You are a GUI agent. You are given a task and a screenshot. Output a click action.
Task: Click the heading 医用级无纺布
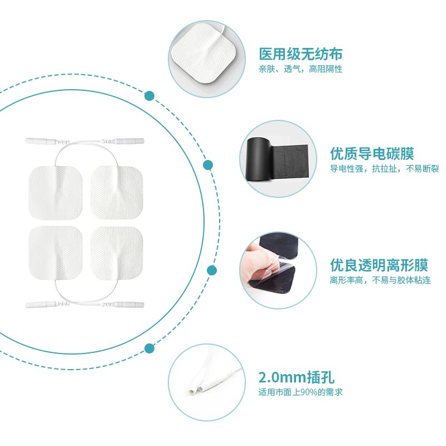coord(300,54)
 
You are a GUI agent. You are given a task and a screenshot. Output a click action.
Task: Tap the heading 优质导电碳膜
coord(372,154)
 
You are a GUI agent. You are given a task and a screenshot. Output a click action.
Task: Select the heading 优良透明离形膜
coord(379,265)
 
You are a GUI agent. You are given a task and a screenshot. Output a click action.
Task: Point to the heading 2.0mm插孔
coord(297,377)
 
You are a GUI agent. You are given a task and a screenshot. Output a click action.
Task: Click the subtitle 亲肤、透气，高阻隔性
coord(300,69)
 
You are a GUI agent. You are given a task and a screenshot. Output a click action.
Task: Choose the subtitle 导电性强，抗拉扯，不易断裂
coord(384,168)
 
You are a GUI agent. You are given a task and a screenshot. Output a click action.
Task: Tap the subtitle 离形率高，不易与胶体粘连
coord(380,280)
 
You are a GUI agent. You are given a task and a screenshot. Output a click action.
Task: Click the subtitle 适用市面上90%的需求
coord(300,392)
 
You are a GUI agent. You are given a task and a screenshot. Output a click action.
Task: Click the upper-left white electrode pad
coord(55,193)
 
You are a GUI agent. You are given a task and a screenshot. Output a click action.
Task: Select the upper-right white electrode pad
coord(117,192)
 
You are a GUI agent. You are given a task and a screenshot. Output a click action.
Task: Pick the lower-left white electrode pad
coord(55,253)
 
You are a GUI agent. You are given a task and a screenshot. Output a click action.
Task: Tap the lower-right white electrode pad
coord(117,253)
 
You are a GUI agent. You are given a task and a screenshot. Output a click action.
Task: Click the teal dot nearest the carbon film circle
coord(208,165)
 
